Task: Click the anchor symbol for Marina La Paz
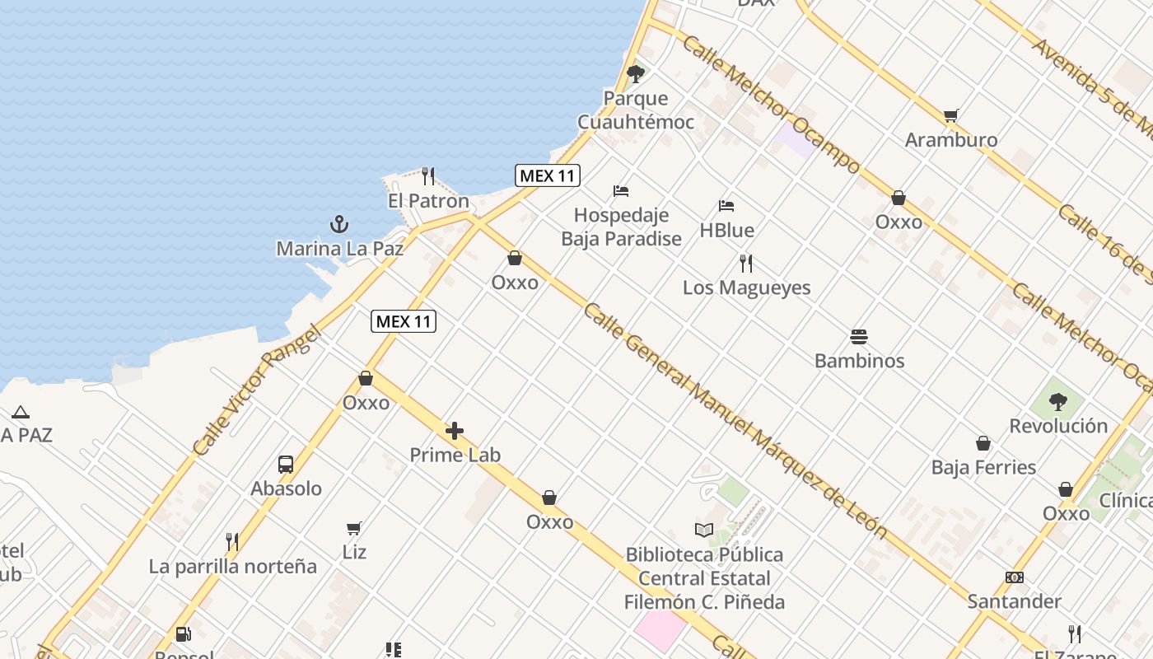pos(338,224)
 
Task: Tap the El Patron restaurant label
pos(428,201)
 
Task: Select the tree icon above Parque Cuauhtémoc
pos(635,74)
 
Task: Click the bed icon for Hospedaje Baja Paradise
pos(621,191)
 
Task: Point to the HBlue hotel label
pos(726,230)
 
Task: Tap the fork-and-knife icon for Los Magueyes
pos(746,264)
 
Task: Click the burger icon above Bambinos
pos(859,337)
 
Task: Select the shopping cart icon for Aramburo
pos(951,116)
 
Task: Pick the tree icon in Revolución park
pos(1058,402)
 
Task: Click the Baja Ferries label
pos(983,467)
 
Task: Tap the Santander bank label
pos(1014,601)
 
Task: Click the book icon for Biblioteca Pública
pos(703,530)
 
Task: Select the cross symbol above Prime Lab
pos(455,431)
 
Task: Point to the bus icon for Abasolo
pos(286,464)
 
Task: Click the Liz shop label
pos(354,551)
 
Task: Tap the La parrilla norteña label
pos(232,567)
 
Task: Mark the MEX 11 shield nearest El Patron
pos(548,175)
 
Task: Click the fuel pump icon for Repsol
pos(184,634)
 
